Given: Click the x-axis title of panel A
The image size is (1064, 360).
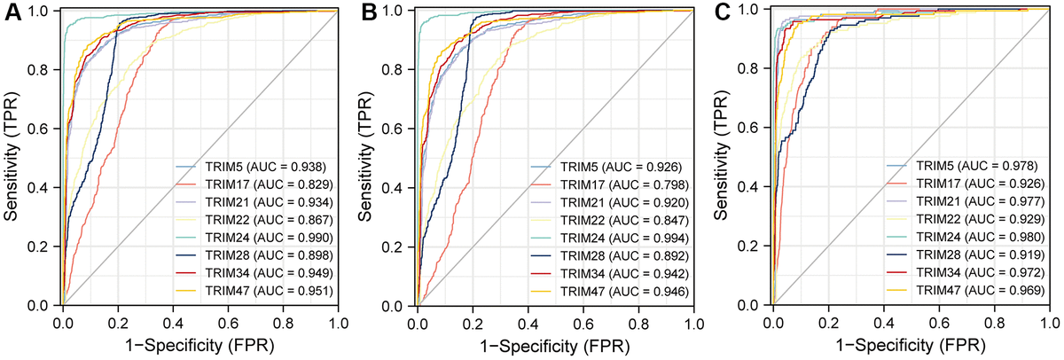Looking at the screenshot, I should coord(199,345).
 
